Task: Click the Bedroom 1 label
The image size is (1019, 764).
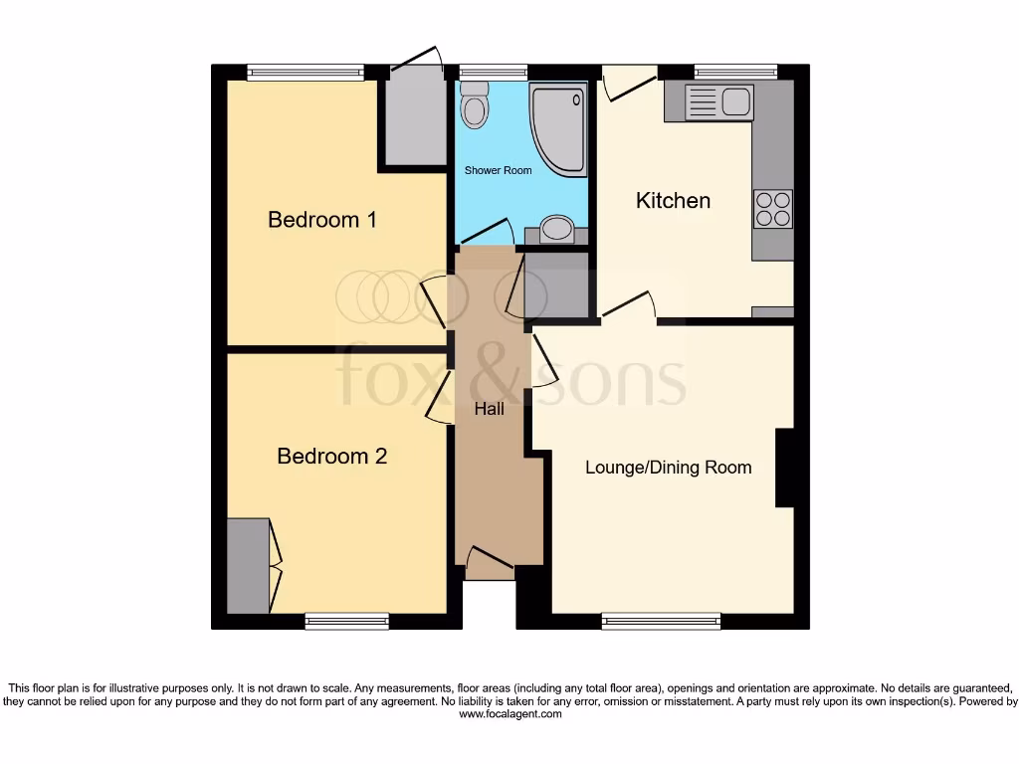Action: pyautogui.click(x=322, y=220)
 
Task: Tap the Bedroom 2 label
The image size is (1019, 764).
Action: pyautogui.click(x=331, y=457)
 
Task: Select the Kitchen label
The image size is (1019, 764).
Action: pyautogui.click(x=673, y=201)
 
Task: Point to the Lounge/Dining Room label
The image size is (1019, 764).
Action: pyautogui.click(x=668, y=468)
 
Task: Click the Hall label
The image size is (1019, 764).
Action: pyautogui.click(x=489, y=409)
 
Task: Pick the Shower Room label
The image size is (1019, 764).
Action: pyautogui.click(x=498, y=171)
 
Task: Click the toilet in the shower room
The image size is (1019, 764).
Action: pyautogui.click(x=476, y=105)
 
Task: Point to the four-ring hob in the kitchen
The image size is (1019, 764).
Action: pyautogui.click(x=773, y=209)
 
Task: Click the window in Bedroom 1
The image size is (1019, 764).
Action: pyautogui.click(x=306, y=72)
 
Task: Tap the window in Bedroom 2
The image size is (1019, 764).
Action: pyautogui.click(x=346, y=622)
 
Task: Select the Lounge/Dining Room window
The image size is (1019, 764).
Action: pyautogui.click(x=661, y=622)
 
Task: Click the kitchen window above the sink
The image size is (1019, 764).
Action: pyautogui.click(x=735, y=72)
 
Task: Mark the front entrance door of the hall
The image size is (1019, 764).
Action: pyautogui.click(x=489, y=565)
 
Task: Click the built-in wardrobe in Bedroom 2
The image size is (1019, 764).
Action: pyautogui.click(x=248, y=565)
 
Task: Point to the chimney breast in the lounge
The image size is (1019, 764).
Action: pyautogui.click(x=784, y=468)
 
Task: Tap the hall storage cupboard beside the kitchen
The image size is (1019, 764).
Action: pyautogui.click(x=557, y=286)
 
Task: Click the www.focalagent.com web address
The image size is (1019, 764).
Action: pyautogui.click(x=509, y=714)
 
